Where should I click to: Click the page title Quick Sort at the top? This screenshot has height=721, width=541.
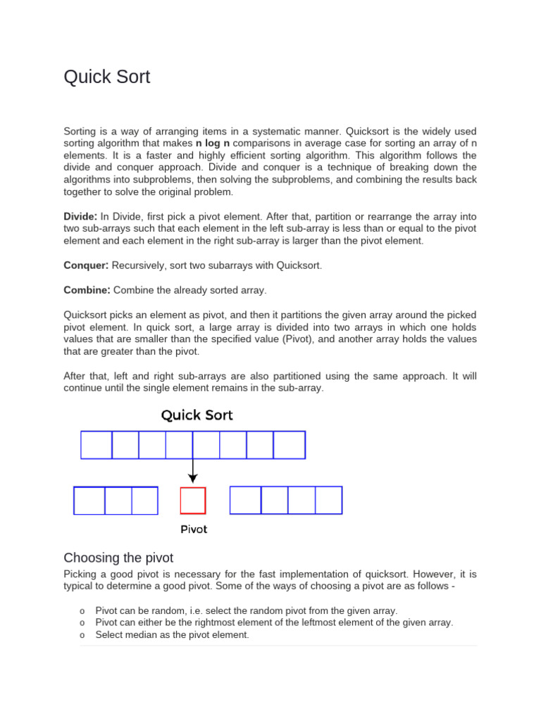pyautogui.click(x=107, y=77)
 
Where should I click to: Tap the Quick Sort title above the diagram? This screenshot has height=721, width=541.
pyautogui.click(x=197, y=415)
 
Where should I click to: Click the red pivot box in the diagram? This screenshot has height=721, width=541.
pyautogui.click(x=193, y=501)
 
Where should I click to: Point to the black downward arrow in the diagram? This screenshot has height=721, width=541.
pyautogui.click(x=193, y=470)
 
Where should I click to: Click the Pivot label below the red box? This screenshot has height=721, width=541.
pyautogui.click(x=194, y=529)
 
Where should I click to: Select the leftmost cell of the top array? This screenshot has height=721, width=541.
pyautogui.click(x=97, y=445)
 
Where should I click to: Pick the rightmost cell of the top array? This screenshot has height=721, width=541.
pyautogui.click(x=289, y=445)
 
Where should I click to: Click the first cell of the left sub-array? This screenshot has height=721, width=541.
pyautogui.click(x=89, y=501)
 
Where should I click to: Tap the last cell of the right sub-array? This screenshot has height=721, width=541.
pyautogui.click(x=328, y=501)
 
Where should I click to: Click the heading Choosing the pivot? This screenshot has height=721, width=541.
pyautogui.click(x=118, y=558)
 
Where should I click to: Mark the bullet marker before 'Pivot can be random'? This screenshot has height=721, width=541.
pyautogui.click(x=82, y=610)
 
